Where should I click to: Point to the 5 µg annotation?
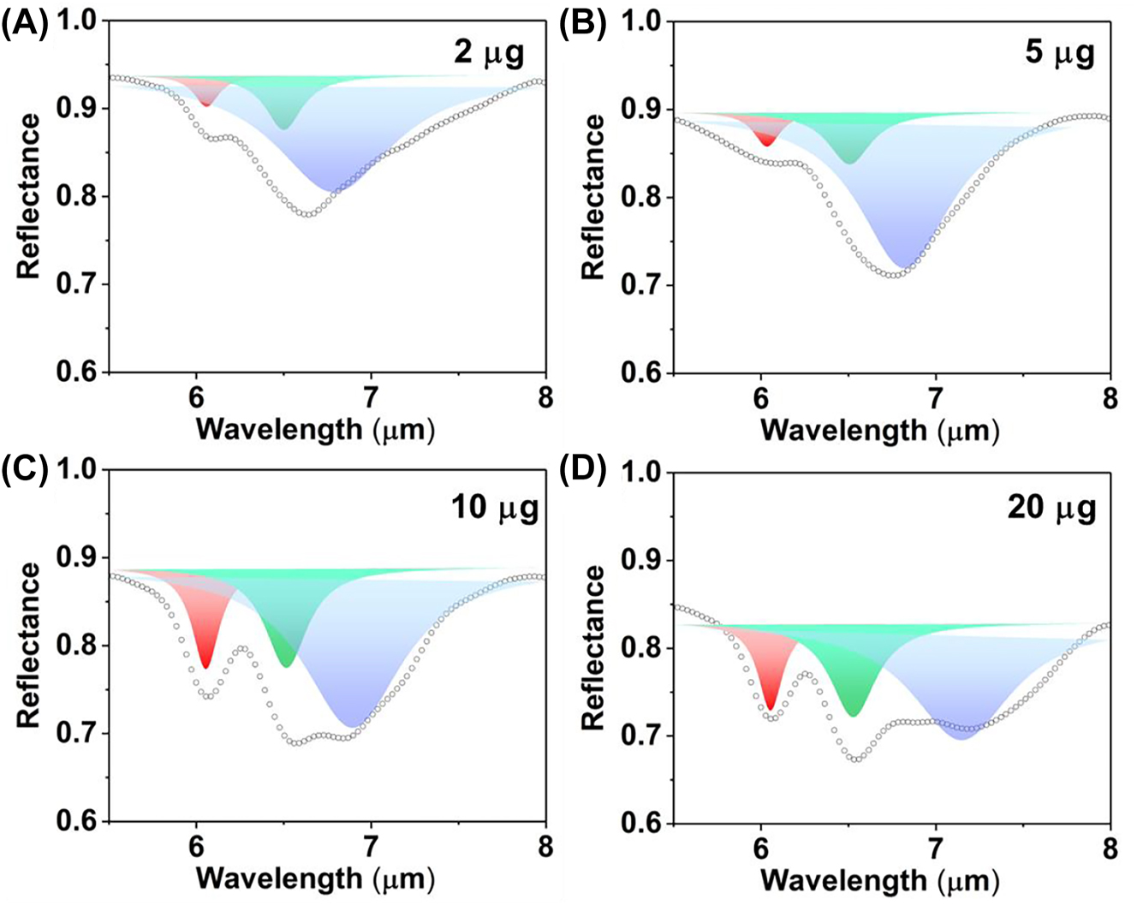click(x=1059, y=54)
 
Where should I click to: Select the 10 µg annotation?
click(x=495, y=508)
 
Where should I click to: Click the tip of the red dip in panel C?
click(x=205, y=667)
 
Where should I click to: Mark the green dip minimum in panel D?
click(x=853, y=715)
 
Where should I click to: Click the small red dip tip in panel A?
click(x=205, y=105)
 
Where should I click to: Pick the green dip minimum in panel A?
click(x=284, y=128)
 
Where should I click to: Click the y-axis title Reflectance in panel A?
click(x=30, y=196)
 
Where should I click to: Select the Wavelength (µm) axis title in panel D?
click(x=880, y=880)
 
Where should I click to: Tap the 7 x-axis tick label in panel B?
click(x=936, y=399)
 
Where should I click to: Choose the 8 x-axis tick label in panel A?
click(x=545, y=399)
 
